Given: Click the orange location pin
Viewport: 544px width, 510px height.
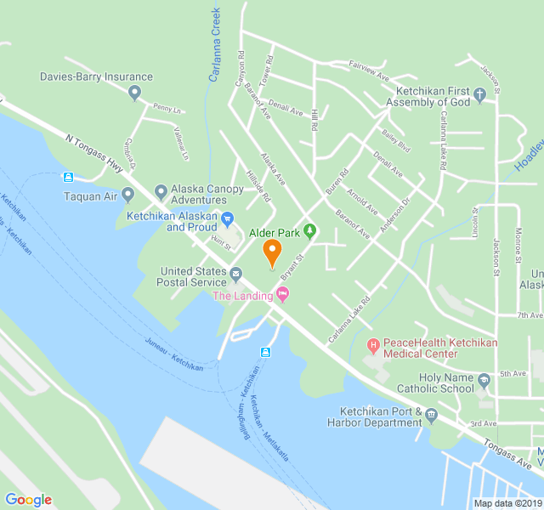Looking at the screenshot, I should click(272, 252).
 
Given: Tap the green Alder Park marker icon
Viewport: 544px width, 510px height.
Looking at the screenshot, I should click(310, 231).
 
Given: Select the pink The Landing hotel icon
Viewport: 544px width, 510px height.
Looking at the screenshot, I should click(283, 295).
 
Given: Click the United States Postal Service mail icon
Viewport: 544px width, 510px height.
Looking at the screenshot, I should click(235, 274).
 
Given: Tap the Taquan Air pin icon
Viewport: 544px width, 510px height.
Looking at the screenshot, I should click(128, 195).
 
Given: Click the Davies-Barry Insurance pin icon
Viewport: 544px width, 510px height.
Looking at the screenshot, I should click(134, 93).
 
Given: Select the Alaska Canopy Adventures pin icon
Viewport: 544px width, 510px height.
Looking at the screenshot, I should click(161, 190).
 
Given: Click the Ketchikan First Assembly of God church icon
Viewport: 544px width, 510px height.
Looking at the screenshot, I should click(479, 96).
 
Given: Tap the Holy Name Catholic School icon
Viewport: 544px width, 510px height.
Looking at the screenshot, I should click(484, 380).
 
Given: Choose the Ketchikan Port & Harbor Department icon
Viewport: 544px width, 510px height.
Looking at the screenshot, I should click(432, 415).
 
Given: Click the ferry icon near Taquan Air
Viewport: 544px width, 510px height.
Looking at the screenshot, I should click(68, 177).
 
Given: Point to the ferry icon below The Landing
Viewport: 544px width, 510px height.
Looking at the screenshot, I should click(265, 351).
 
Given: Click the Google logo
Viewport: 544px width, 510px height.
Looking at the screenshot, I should click(28, 500).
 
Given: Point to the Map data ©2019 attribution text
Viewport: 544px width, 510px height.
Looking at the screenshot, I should click(507, 503).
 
